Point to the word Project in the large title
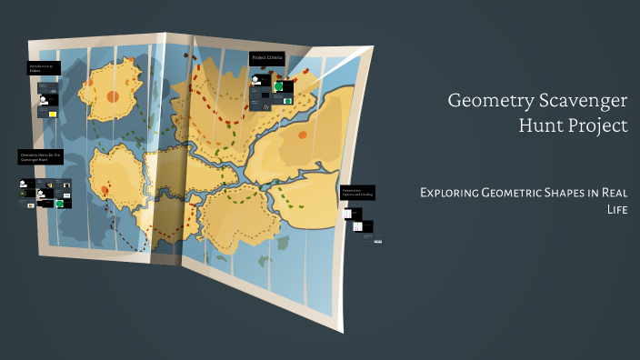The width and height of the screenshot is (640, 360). click(596, 126)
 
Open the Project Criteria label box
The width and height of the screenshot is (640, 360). click(268, 58)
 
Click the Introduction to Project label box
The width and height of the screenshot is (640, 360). click(45, 68)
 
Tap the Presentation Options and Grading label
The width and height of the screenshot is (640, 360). click(357, 192)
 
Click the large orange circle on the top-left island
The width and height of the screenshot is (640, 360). click(113, 95)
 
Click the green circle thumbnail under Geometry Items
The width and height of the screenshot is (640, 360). click(61, 204)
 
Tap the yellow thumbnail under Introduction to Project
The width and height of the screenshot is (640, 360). click(53, 114)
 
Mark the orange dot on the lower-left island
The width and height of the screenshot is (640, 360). click(105, 190)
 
